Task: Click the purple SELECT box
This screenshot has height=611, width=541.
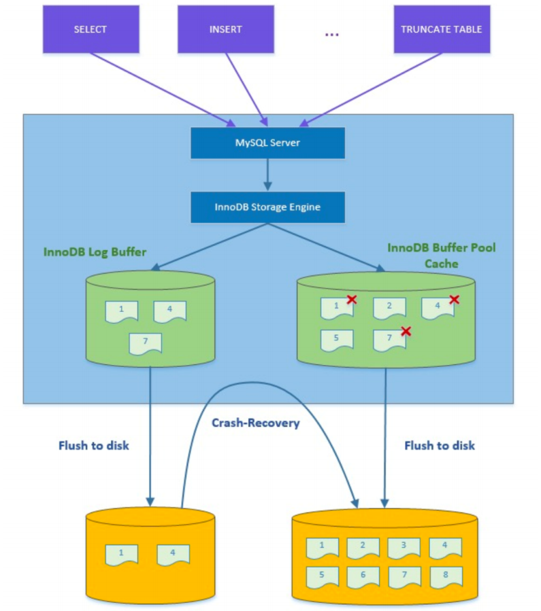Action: [x=91, y=30]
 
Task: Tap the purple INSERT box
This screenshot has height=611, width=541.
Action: [x=225, y=30]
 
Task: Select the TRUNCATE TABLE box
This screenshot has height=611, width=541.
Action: [x=441, y=30]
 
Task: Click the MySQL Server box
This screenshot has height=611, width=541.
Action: [x=267, y=143]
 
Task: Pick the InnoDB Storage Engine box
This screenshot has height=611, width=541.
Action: [x=267, y=207]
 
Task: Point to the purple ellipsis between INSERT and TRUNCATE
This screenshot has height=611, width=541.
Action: [x=332, y=34]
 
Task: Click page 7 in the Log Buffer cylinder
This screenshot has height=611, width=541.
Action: [x=145, y=343]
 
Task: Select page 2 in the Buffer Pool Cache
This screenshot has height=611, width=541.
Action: [x=390, y=308]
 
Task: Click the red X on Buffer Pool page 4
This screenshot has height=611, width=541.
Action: [x=454, y=299]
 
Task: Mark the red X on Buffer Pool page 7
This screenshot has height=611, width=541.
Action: [x=406, y=331]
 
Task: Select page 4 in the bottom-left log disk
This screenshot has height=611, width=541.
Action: [x=173, y=555]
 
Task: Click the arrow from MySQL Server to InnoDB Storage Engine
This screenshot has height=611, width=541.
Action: [x=267, y=175]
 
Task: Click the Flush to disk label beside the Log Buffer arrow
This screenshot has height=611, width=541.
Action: [x=93, y=446]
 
